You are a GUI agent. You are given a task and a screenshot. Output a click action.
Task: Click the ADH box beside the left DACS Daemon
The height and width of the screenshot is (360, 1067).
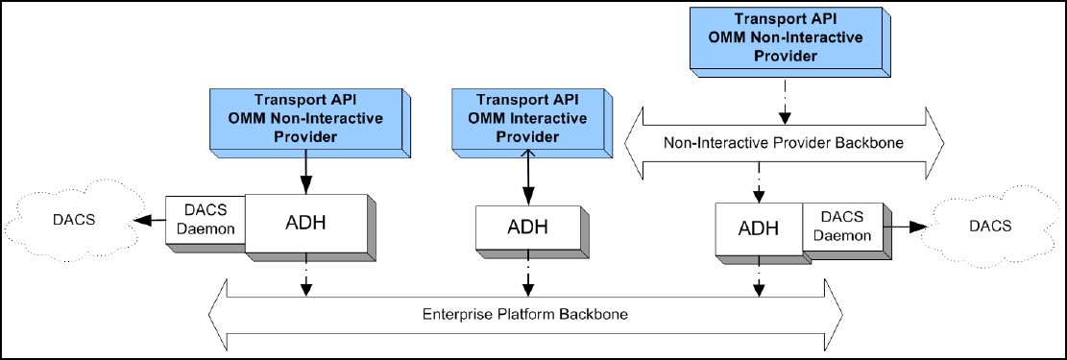308,224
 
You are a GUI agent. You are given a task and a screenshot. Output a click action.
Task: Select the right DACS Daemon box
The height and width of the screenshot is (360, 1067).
844,227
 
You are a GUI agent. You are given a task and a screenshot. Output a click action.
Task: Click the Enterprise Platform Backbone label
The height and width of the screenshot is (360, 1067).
524,315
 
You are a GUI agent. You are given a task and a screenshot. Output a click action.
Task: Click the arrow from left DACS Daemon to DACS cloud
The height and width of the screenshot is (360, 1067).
150,219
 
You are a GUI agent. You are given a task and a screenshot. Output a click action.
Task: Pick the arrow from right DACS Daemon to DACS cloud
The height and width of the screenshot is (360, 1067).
906,227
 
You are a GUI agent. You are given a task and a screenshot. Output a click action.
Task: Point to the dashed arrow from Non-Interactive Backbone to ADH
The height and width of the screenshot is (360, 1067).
759,183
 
